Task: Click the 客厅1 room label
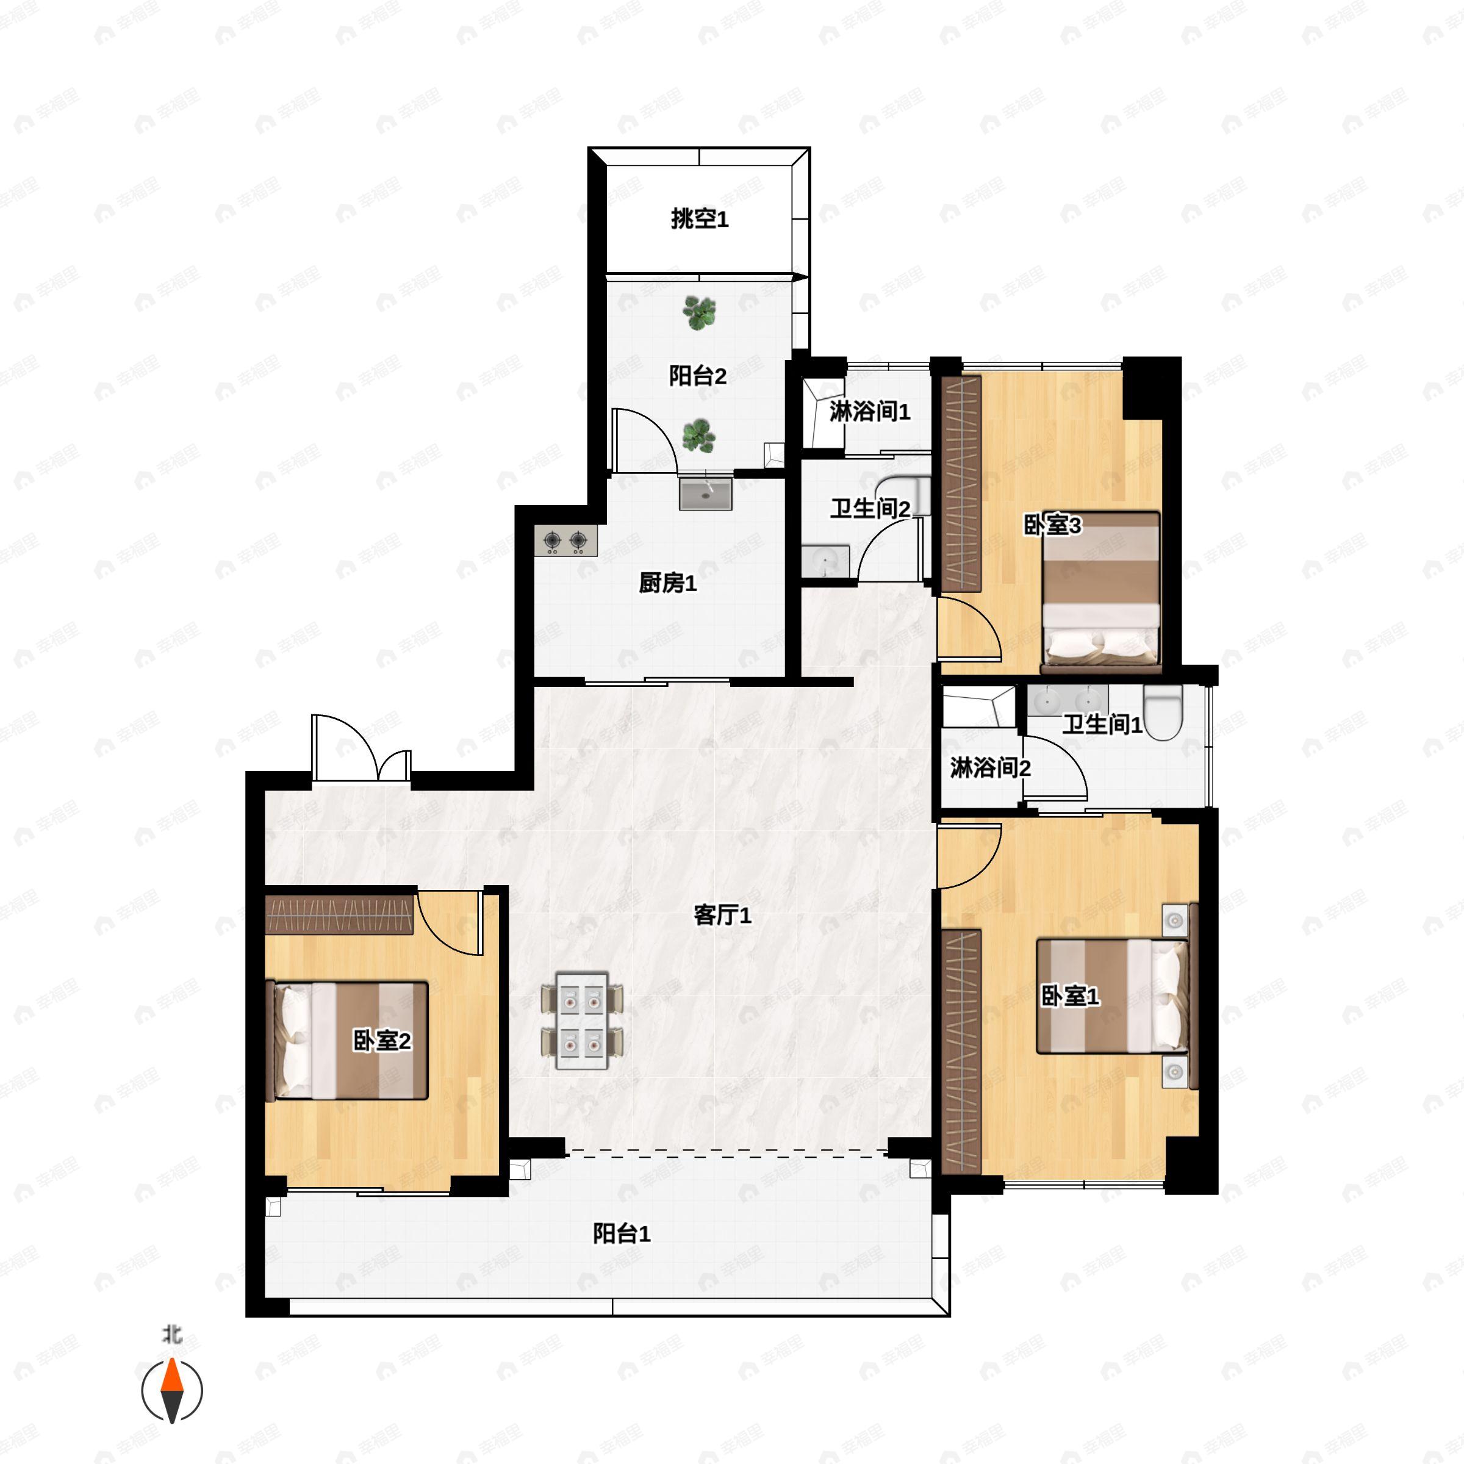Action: (x=722, y=916)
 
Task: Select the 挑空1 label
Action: (x=698, y=219)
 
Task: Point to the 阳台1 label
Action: (x=622, y=1233)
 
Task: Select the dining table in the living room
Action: (x=582, y=1021)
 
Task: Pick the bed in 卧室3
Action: (x=1100, y=591)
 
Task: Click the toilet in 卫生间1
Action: (x=1163, y=712)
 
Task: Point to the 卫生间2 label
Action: (x=869, y=509)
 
